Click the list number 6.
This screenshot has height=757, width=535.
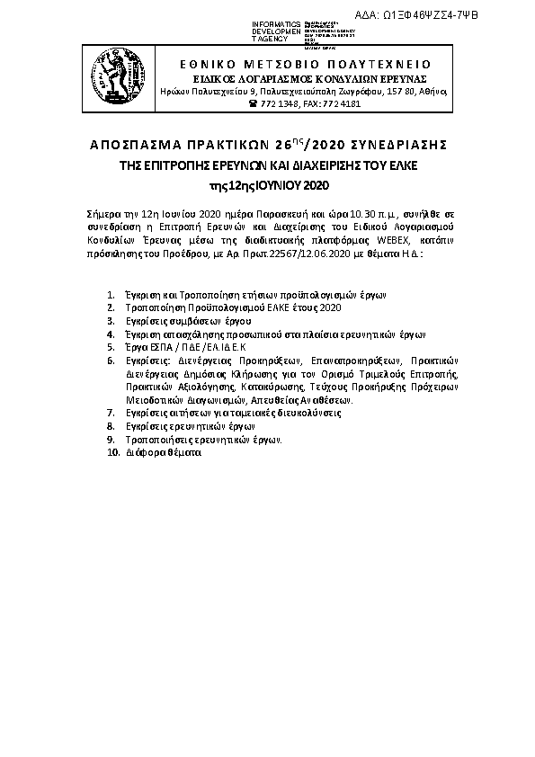pyautogui.click(x=109, y=358)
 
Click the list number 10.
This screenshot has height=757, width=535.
pyautogui.click(x=111, y=454)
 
